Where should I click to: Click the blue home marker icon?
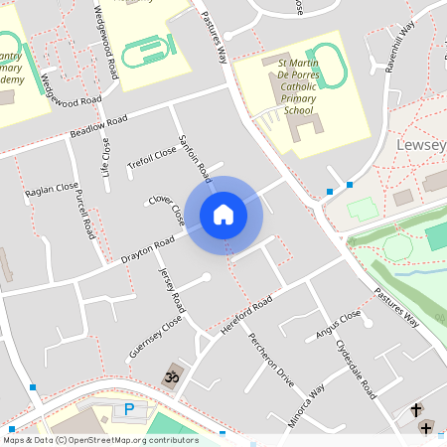[223, 214]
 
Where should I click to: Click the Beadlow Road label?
[99, 127]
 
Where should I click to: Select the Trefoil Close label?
[151, 158]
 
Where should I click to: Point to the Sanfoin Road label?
[194, 157]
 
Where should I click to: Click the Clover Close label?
[166, 208]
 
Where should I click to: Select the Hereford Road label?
[247, 315]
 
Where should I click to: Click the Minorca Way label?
[304, 402]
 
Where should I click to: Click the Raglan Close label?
[52, 190]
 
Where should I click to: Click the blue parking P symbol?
[128, 409]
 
